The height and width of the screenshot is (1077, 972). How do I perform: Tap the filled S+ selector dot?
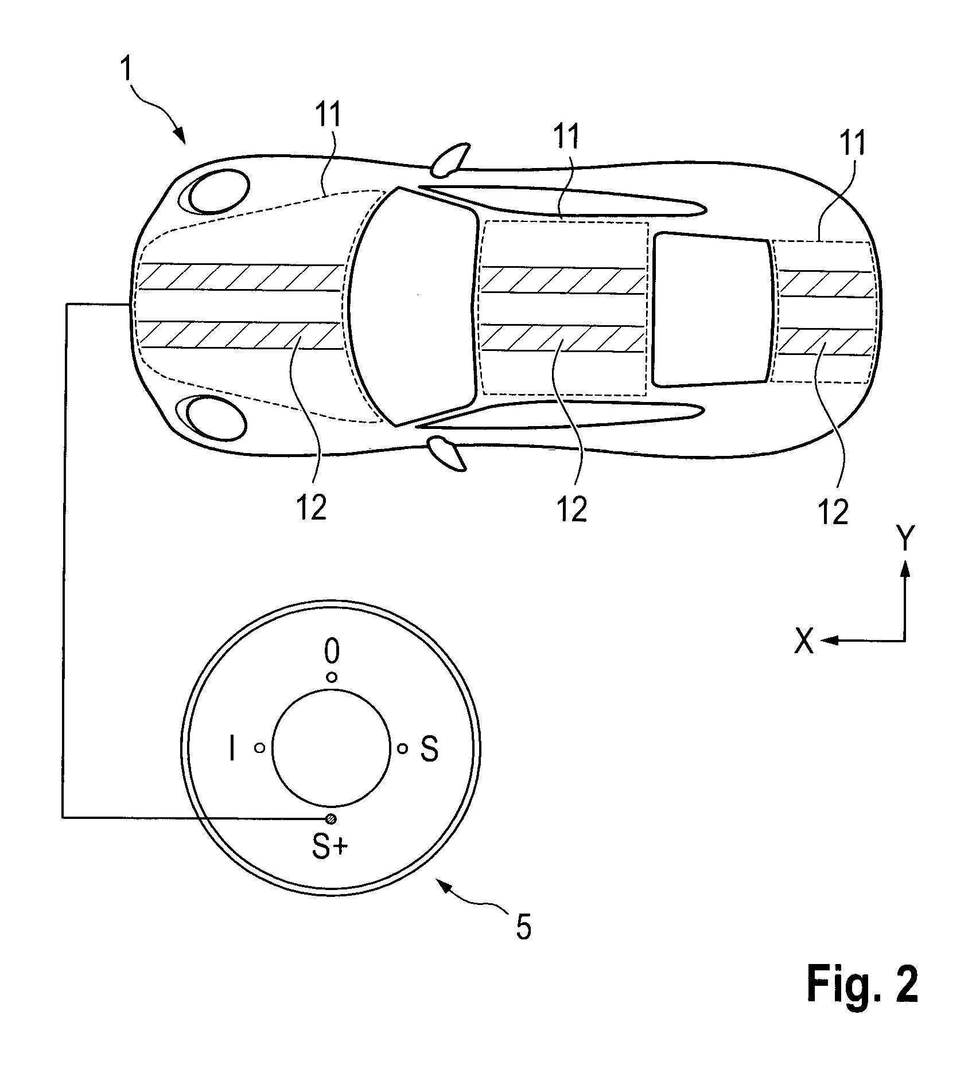[331, 818]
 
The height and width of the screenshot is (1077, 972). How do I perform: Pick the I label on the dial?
[232, 748]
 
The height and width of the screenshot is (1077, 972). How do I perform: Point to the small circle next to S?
[403, 748]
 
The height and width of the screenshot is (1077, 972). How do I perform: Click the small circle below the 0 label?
[332, 678]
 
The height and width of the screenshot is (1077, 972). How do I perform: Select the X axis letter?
[804, 641]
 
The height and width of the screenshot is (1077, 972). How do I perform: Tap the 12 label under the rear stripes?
[833, 511]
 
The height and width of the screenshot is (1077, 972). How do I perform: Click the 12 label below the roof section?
[572, 508]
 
